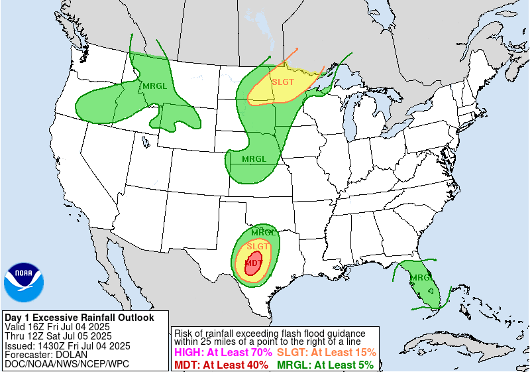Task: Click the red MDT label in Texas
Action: click(252, 263)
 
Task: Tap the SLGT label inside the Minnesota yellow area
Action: click(283, 82)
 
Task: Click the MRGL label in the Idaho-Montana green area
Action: click(154, 86)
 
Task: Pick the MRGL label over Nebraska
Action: click(254, 159)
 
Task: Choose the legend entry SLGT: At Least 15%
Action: click(326, 353)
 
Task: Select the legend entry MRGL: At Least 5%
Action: click(325, 365)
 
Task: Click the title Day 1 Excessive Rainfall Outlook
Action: click(79, 318)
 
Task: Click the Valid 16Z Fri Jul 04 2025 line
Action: click(57, 327)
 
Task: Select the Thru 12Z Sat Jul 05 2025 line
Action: click(58, 336)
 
